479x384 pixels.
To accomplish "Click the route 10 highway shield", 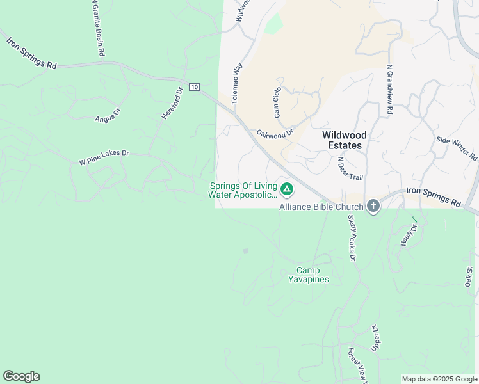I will click(x=195, y=87).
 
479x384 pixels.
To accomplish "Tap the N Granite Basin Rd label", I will click(x=97, y=29).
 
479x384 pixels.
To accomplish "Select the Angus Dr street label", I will click(x=108, y=115).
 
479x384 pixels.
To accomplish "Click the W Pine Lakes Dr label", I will click(x=104, y=157).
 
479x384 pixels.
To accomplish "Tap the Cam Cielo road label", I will click(x=277, y=102).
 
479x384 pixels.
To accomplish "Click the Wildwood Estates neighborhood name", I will click(x=345, y=140).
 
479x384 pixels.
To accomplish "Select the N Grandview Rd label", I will click(x=389, y=90).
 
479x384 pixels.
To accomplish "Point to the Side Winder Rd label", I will click(x=457, y=148).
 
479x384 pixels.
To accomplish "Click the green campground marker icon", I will click(x=288, y=189).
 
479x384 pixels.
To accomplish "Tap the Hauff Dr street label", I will click(x=405, y=235).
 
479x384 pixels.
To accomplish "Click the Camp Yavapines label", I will click(x=308, y=275).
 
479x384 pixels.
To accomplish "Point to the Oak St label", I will click(x=469, y=276).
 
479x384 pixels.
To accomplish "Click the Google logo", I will click(x=21, y=376).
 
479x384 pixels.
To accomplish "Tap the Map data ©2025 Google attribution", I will click(x=439, y=379).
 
